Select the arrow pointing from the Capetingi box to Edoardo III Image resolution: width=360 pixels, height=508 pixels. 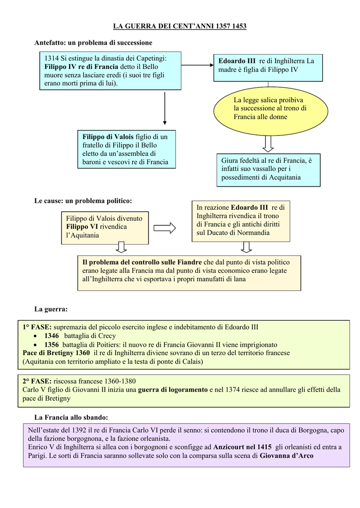click(197, 65)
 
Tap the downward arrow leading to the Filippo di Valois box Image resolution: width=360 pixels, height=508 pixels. click(165, 108)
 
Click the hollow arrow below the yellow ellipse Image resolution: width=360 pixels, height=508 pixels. click(268, 143)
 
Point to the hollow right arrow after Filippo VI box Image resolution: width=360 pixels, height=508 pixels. click(164, 228)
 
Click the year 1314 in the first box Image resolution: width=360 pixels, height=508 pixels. click(51, 59)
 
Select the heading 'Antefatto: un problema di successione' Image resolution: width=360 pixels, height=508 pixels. click(93, 43)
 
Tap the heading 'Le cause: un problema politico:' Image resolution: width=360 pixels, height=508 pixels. click(83, 201)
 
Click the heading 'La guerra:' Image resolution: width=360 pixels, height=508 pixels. click(51, 309)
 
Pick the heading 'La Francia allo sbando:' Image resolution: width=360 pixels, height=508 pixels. click(71, 417)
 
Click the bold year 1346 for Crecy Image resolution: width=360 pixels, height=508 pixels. click(52, 336)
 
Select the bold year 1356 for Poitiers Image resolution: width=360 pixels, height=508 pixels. click(52, 345)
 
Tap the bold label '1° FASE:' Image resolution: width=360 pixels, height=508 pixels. click(37, 327)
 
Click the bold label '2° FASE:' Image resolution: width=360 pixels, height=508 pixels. click(37, 381)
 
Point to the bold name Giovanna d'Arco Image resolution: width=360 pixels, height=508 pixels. click(287, 456)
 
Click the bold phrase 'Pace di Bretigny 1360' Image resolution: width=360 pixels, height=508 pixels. click(56, 353)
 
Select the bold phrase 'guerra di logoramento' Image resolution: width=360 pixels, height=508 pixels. click(172, 390)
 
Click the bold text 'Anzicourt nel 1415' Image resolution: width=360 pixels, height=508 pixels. click(242, 447)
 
